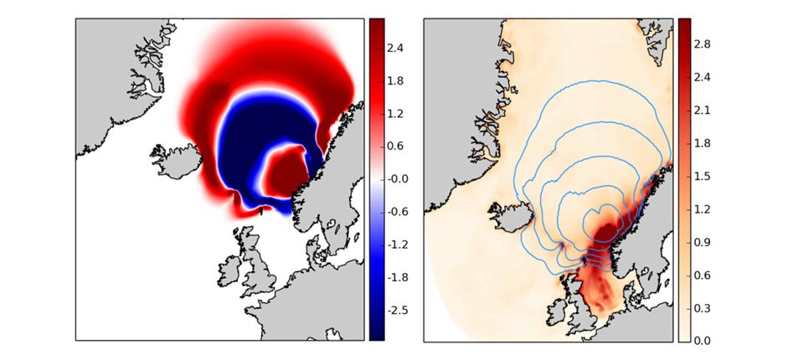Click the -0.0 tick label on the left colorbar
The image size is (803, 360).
tap(399, 178)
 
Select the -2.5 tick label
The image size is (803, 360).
tap(399, 310)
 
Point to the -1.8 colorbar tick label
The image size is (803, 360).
tap(399, 277)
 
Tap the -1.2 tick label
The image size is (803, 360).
tap(399, 244)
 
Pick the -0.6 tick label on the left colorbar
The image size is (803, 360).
tap(399, 211)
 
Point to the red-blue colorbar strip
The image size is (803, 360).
tap(377, 178)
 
